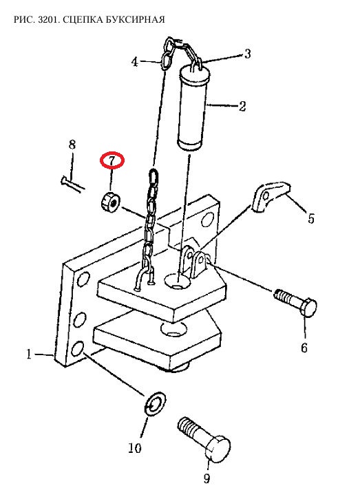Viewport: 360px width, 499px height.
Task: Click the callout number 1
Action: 29,354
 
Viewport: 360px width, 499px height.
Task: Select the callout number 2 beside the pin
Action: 242,106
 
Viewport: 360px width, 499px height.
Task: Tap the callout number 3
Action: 247,54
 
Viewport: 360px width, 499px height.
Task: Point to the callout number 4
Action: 135,62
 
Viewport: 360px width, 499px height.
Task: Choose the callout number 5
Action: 310,218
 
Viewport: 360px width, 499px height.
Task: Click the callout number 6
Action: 304,348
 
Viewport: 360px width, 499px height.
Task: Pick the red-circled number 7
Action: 112,160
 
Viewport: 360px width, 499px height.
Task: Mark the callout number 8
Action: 72,145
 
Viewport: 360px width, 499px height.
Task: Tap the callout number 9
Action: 207,478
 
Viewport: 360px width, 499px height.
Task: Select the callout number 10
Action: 135,448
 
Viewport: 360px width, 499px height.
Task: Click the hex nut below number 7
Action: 109,202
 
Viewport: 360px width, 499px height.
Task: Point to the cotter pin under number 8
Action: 72,184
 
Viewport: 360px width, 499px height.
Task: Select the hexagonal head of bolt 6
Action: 308,307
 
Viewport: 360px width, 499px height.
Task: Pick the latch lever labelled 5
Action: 271,196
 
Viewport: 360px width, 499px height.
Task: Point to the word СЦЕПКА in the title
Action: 80,20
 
